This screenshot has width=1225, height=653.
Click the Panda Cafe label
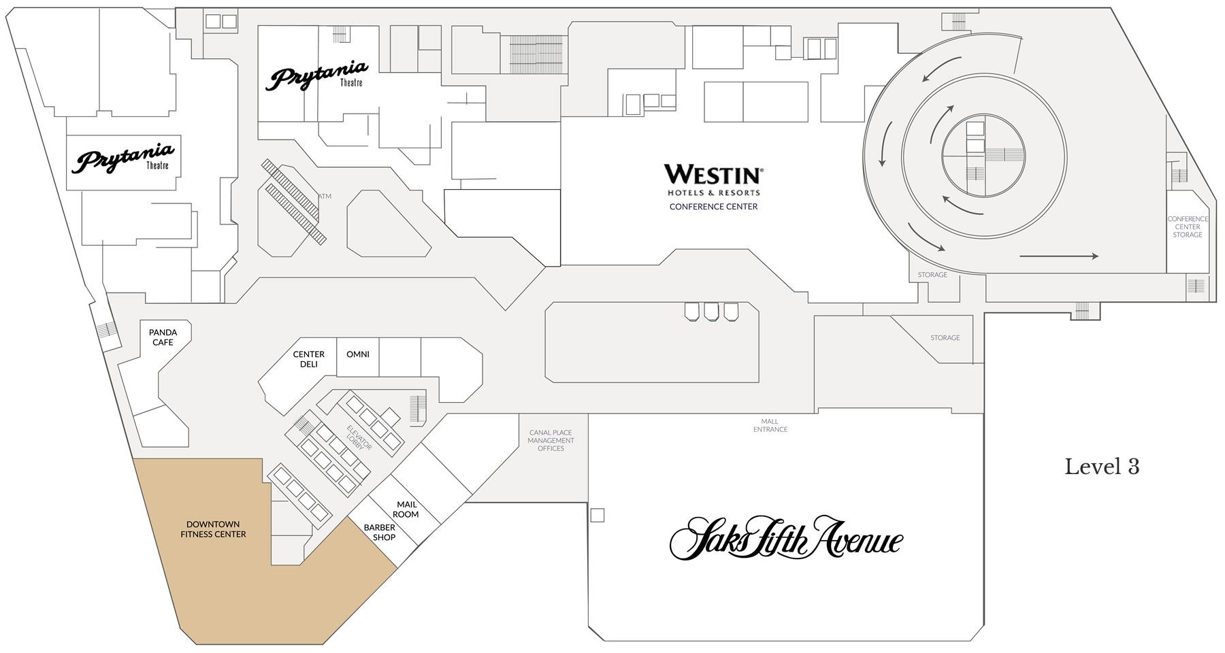click(x=163, y=337)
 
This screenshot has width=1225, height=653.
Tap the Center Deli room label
click(x=308, y=359)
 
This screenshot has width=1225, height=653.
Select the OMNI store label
click(x=358, y=354)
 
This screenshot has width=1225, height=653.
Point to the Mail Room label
click(x=407, y=509)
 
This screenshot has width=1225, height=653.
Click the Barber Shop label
click(x=380, y=533)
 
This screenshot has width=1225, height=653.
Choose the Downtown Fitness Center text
click(x=213, y=529)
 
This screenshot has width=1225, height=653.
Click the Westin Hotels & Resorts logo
click(x=713, y=180)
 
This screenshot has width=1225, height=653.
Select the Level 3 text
click(x=1102, y=467)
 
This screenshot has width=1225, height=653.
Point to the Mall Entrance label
click(x=770, y=425)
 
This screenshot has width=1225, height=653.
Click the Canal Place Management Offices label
click(x=551, y=440)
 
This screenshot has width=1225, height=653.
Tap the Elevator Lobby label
click(x=359, y=437)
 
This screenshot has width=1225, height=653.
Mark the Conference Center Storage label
click(x=1188, y=227)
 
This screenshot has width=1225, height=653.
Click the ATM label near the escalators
click(x=325, y=197)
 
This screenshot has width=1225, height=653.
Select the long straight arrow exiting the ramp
click(x=1059, y=256)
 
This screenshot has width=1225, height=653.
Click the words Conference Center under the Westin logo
click(x=713, y=207)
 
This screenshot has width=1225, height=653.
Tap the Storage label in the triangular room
click(x=945, y=338)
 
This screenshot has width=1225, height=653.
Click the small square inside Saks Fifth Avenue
click(x=597, y=516)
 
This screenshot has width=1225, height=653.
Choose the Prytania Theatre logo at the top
click(x=317, y=76)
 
